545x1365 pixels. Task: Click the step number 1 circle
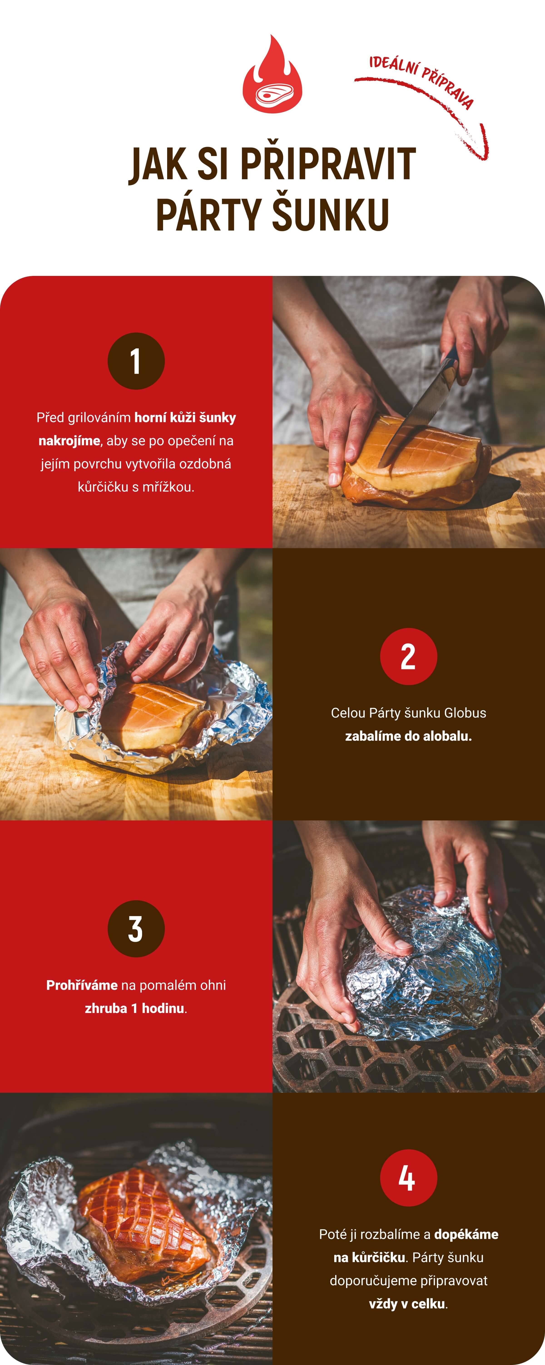pyautogui.click(x=136, y=361)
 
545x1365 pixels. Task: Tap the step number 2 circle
pyautogui.click(x=409, y=657)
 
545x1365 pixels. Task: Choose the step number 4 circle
pyautogui.click(x=409, y=1178)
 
